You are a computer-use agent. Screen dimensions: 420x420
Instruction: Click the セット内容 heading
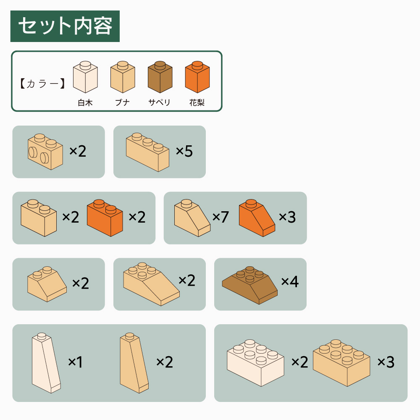point(65,26)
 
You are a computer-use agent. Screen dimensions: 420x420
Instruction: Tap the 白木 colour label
point(85,102)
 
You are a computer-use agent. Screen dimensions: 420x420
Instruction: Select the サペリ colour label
point(159,102)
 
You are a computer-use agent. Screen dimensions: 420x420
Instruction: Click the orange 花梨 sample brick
point(197,77)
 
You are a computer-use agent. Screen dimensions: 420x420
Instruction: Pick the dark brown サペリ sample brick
point(160,77)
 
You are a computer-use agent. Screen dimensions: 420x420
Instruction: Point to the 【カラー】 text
point(42,84)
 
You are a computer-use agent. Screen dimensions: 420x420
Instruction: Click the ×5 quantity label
point(184,151)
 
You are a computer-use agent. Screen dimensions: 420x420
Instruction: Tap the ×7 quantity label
point(220,217)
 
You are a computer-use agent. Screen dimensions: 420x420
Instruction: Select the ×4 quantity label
point(290,281)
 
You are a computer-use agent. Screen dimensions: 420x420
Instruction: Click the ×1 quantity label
point(75,362)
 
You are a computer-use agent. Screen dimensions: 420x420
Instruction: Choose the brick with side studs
point(45,152)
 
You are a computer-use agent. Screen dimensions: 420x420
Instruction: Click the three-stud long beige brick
point(147,152)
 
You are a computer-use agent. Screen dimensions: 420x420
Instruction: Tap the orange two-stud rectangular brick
point(105,218)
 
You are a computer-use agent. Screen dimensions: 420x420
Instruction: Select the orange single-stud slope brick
point(257,218)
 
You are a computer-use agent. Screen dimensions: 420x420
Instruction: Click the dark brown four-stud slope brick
point(249,285)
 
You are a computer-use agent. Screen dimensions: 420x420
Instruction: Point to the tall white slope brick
point(46,363)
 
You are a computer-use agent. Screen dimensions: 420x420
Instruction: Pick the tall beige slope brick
point(134,363)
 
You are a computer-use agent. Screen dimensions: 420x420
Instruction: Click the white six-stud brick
point(255,363)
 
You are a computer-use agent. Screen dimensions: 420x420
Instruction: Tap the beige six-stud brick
point(341,363)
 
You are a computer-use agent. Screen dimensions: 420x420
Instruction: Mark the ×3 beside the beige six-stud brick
point(386,362)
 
